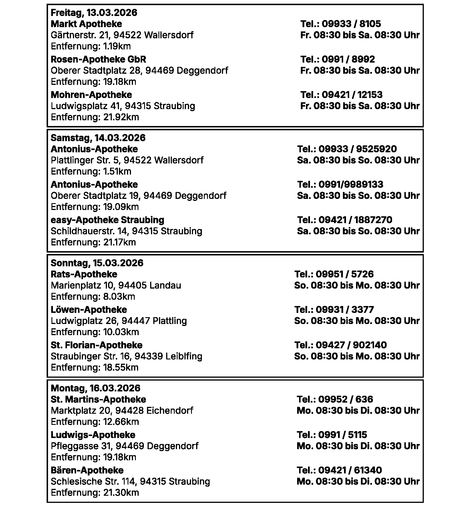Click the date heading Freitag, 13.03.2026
[94, 13]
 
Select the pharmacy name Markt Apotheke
[86, 24]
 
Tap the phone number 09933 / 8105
[340, 24]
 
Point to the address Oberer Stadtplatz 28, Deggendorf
[139, 71]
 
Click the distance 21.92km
[95, 117]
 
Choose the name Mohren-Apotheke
[91, 95]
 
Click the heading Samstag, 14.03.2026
[98, 138]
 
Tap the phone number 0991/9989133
[340, 185]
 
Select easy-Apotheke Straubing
[107, 220]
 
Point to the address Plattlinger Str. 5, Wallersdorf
[127, 160]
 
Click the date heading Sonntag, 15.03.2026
[97, 263]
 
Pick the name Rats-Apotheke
[84, 274]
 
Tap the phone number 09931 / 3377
[334, 310]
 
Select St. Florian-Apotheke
[96, 345]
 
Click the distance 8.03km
[93, 297]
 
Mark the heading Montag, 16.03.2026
[96, 388]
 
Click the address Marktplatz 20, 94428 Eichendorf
[122, 411]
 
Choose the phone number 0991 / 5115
[332, 435]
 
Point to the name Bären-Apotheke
[87, 470]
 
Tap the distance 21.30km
[95, 493]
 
